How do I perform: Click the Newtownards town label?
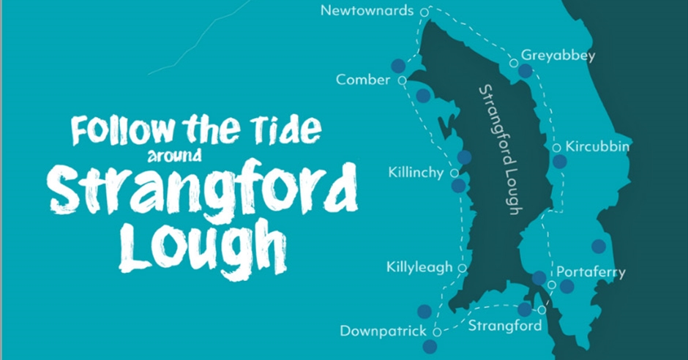coord(367,11)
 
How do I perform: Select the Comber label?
coord(363,80)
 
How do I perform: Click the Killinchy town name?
coord(416,173)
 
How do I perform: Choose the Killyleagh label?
coord(419,268)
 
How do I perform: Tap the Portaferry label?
coord(591,273)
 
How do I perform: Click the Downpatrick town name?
coord(383,331)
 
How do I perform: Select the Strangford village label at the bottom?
coord(504,325)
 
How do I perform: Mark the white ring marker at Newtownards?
coord(424,12)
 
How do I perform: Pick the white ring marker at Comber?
coord(402,80)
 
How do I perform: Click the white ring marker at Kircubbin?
coord(556,148)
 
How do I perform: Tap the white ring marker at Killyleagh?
coord(462,268)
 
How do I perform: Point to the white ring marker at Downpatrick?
coord(436,331)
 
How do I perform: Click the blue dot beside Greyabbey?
coord(526,71)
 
